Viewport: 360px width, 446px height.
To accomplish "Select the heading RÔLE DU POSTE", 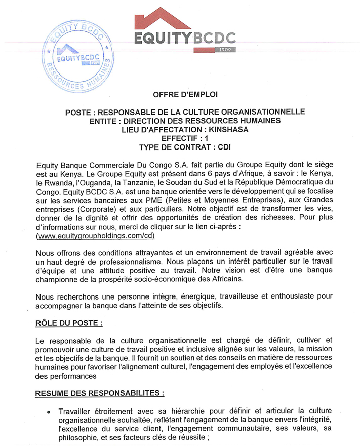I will (x=72, y=323).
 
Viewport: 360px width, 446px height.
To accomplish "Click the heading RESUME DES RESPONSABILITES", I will (x=100, y=393).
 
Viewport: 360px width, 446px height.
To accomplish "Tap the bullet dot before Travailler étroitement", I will (x=49, y=411).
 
